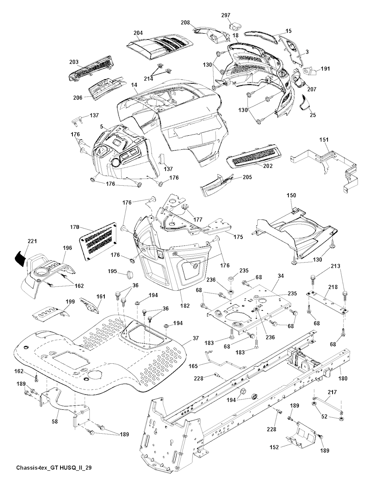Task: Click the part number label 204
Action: [138, 33]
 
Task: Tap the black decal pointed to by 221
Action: [20, 257]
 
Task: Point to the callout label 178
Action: [75, 227]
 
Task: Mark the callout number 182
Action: [185, 306]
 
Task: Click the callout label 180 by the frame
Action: [342, 378]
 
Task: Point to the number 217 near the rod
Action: [332, 392]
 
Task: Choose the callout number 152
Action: [274, 447]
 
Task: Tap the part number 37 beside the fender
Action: [195, 338]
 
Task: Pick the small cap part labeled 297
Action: [236, 26]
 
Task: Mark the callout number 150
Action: [291, 195]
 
